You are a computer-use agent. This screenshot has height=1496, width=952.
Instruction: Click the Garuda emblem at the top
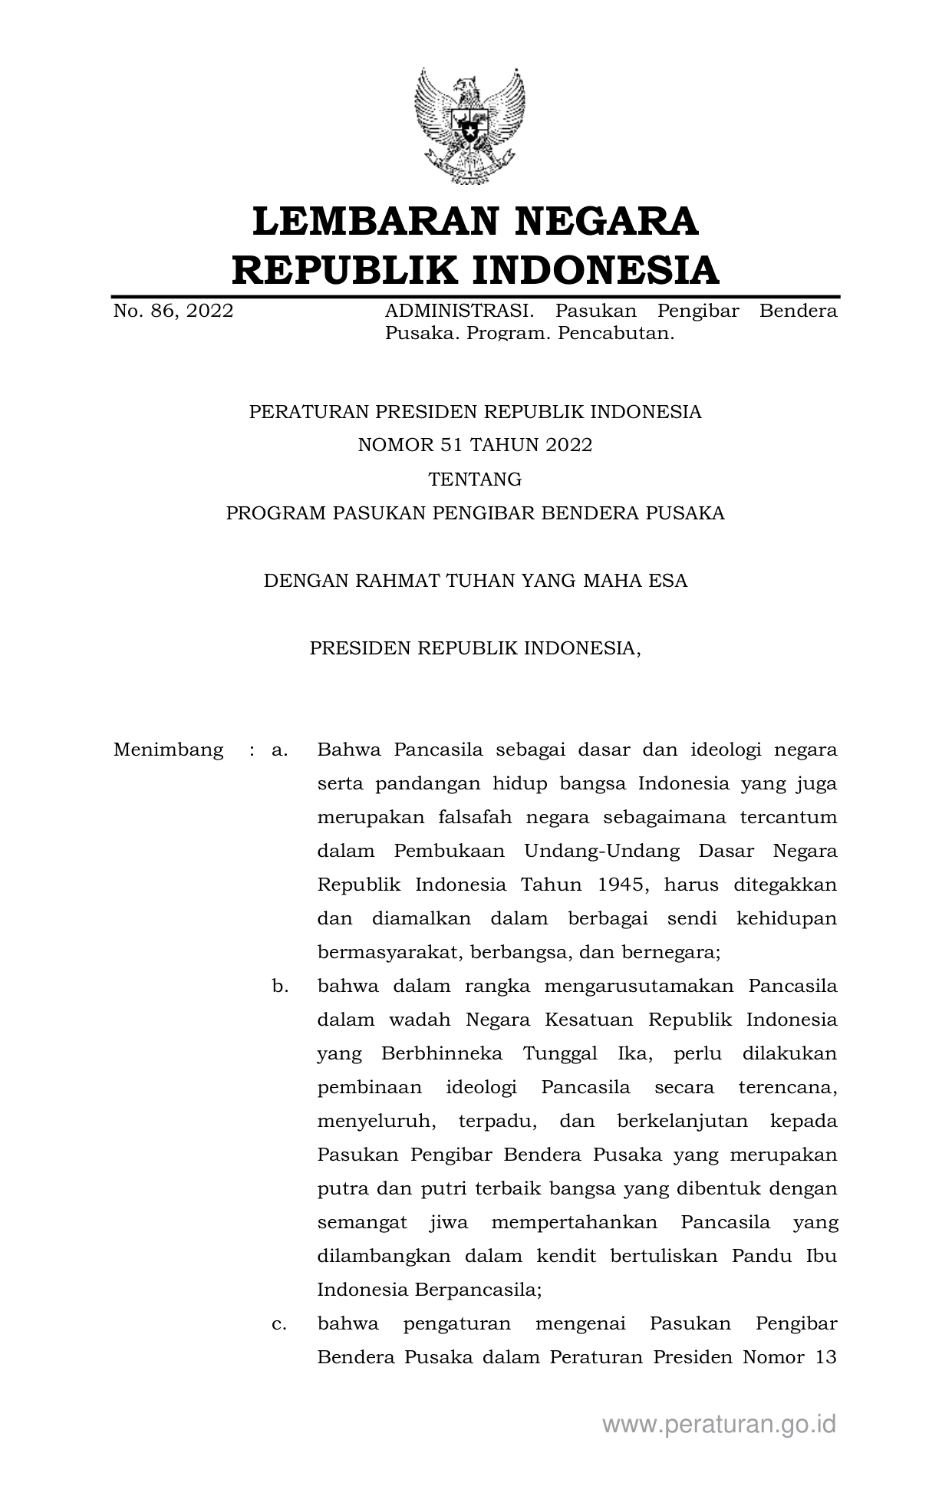469,126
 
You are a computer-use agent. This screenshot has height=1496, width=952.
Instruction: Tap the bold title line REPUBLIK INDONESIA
475,270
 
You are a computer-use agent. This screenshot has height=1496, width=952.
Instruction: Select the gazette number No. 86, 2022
173,311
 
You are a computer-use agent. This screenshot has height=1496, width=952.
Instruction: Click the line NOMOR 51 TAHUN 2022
475,446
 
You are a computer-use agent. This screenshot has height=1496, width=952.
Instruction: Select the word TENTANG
475,479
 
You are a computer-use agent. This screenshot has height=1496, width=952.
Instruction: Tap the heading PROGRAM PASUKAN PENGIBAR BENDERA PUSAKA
475,513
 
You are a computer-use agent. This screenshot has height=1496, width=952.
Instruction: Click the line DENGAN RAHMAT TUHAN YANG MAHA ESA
475,581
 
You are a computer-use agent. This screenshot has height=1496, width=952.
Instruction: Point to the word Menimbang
168,750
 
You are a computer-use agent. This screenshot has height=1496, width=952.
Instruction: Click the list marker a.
279,750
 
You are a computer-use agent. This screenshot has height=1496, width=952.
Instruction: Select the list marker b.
280,986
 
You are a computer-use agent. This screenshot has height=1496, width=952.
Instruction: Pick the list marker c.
279,1323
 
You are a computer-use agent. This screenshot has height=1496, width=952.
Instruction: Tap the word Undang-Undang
601,851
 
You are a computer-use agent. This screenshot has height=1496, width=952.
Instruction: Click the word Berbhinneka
441,1053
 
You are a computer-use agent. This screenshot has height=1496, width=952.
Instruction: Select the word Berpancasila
478,1290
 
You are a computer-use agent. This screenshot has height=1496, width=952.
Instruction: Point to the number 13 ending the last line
825,1357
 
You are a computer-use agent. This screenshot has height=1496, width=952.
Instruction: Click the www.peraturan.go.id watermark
719,1425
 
